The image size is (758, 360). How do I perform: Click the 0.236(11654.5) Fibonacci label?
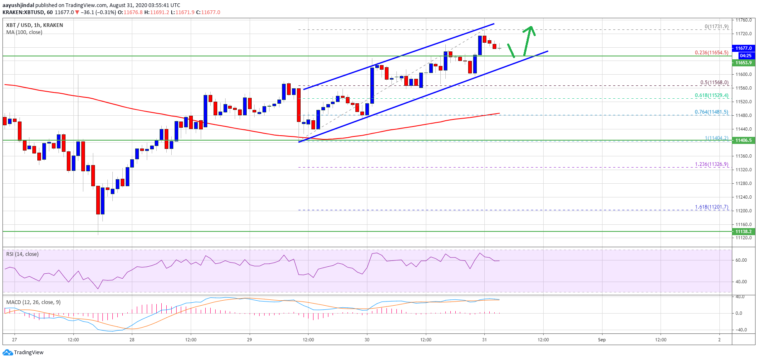tap(711, 53)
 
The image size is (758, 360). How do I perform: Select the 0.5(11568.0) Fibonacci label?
tap(714, 83)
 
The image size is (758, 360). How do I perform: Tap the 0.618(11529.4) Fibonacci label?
tap(711, 95)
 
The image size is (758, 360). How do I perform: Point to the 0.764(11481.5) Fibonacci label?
tap(711, 112)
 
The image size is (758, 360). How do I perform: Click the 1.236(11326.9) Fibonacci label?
tap(711, 164)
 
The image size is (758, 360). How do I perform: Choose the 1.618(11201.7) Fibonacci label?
tap(711, 207)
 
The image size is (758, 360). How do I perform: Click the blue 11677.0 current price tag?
tap(744, 48)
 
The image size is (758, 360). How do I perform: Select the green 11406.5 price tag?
tap(744, 140)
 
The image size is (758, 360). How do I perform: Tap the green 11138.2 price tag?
tap(744, 231)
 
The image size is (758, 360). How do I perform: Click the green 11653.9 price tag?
tap(744, 63)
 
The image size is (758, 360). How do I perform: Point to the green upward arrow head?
tap(529, 29)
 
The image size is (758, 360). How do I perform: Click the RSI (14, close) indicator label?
tap(22, 254)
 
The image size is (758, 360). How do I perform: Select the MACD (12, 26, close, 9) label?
tap(33, 302)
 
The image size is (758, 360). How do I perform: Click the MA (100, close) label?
tap(24, 32)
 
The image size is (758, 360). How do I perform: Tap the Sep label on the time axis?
tap(602, 340)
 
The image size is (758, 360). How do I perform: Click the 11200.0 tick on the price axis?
tap(743, 211)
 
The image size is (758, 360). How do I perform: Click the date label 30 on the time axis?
tap(367, 340)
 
